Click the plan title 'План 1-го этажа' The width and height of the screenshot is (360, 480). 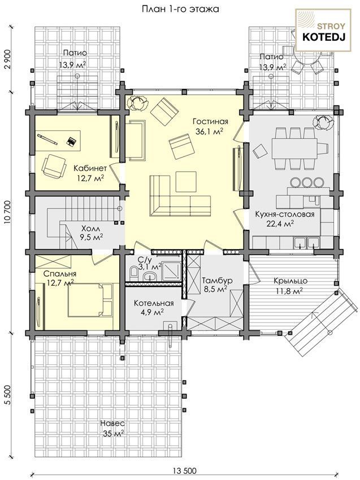coord(180,9)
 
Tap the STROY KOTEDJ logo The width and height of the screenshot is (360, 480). coord(323,30)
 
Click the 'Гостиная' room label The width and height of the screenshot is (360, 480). coord(210,121)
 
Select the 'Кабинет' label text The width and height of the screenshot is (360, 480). coord(90,168)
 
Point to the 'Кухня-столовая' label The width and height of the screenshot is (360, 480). coord(285,214)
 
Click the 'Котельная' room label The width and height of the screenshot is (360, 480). coord(154,303)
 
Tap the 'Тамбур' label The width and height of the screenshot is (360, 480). coord(217,281)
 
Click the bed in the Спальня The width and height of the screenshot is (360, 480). coord(90,300)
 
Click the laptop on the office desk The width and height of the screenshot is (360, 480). coord(71,141)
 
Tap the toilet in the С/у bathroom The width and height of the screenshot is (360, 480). coord(133,272)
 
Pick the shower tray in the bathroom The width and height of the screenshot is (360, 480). coord(171,270)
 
